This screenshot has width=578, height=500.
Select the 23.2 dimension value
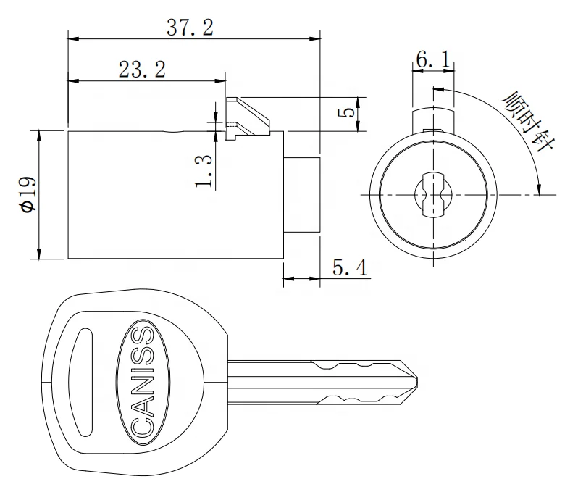[142, 70]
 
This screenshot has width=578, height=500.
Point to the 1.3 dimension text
[205, 171]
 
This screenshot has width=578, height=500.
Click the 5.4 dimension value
[349, 269]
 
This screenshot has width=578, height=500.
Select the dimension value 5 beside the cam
[348, 113]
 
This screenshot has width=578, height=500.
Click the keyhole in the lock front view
[433, 194]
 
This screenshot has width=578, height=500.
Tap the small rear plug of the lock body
[301, 194]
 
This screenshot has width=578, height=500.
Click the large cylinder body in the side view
[174, 194]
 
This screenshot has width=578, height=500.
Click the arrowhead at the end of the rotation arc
[537, 190]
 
